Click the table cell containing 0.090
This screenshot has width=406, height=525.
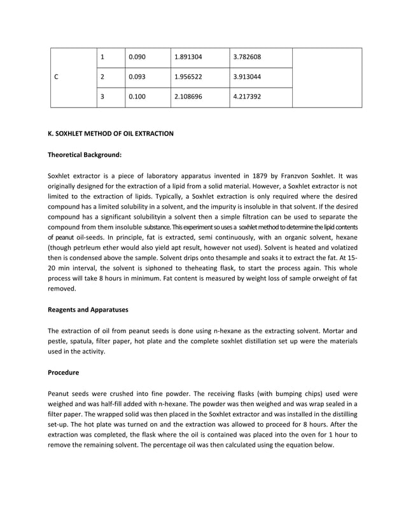click(x=137, y=57)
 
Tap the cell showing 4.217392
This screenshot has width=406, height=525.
click(x=248, y=97)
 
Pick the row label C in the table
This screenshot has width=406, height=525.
click(x=57, y=78)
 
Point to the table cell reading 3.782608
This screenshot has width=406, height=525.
click(x=248, y=57)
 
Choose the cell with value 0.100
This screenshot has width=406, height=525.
click(x=137, y=97)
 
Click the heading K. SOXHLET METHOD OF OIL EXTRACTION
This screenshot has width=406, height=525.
click(x=111, y=133)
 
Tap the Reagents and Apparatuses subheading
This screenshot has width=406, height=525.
click(x=88, y=310)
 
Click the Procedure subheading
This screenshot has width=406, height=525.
click(x=64, y=371)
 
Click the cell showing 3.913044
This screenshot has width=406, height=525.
click(x=248, y=78)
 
